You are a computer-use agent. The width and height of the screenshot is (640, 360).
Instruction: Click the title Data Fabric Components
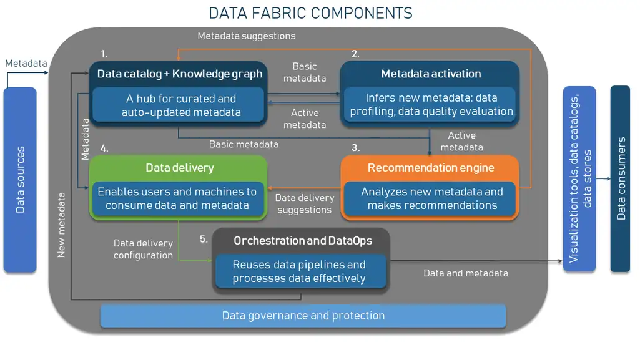point(310,14)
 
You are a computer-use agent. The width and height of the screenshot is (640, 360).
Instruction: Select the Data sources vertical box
point(20,180)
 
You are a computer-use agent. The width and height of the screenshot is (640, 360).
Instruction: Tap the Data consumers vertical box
point(621,178)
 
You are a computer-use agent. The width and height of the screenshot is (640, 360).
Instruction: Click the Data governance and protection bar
point(303,316)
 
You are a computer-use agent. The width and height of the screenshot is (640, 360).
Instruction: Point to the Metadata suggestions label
point(247,36)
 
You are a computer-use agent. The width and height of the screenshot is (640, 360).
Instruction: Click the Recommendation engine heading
point(431,168)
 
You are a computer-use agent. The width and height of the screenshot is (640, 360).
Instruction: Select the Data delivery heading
point(180,168)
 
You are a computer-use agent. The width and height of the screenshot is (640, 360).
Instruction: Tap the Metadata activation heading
point(431,74)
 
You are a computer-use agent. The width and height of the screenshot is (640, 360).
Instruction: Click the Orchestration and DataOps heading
point(303,241)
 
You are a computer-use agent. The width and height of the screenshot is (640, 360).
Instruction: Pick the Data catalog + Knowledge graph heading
point(180,74)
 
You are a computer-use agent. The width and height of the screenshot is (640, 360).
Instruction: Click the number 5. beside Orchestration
point(204,240)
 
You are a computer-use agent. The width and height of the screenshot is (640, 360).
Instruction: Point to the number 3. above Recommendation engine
point(355,148)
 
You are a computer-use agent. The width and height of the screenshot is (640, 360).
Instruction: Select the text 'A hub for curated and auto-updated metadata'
point(181,105)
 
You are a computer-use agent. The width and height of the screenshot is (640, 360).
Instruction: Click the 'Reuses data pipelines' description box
point(301,271)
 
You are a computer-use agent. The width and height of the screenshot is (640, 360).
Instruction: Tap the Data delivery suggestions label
point(305,203)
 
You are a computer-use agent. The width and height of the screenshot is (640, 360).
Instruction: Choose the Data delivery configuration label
point(143,249)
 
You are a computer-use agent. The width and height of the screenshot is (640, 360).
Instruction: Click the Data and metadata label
point(466,273)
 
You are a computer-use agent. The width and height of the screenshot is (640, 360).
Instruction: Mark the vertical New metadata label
point(61,225)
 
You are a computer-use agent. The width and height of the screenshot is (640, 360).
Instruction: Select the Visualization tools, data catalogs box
point(579,178)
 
